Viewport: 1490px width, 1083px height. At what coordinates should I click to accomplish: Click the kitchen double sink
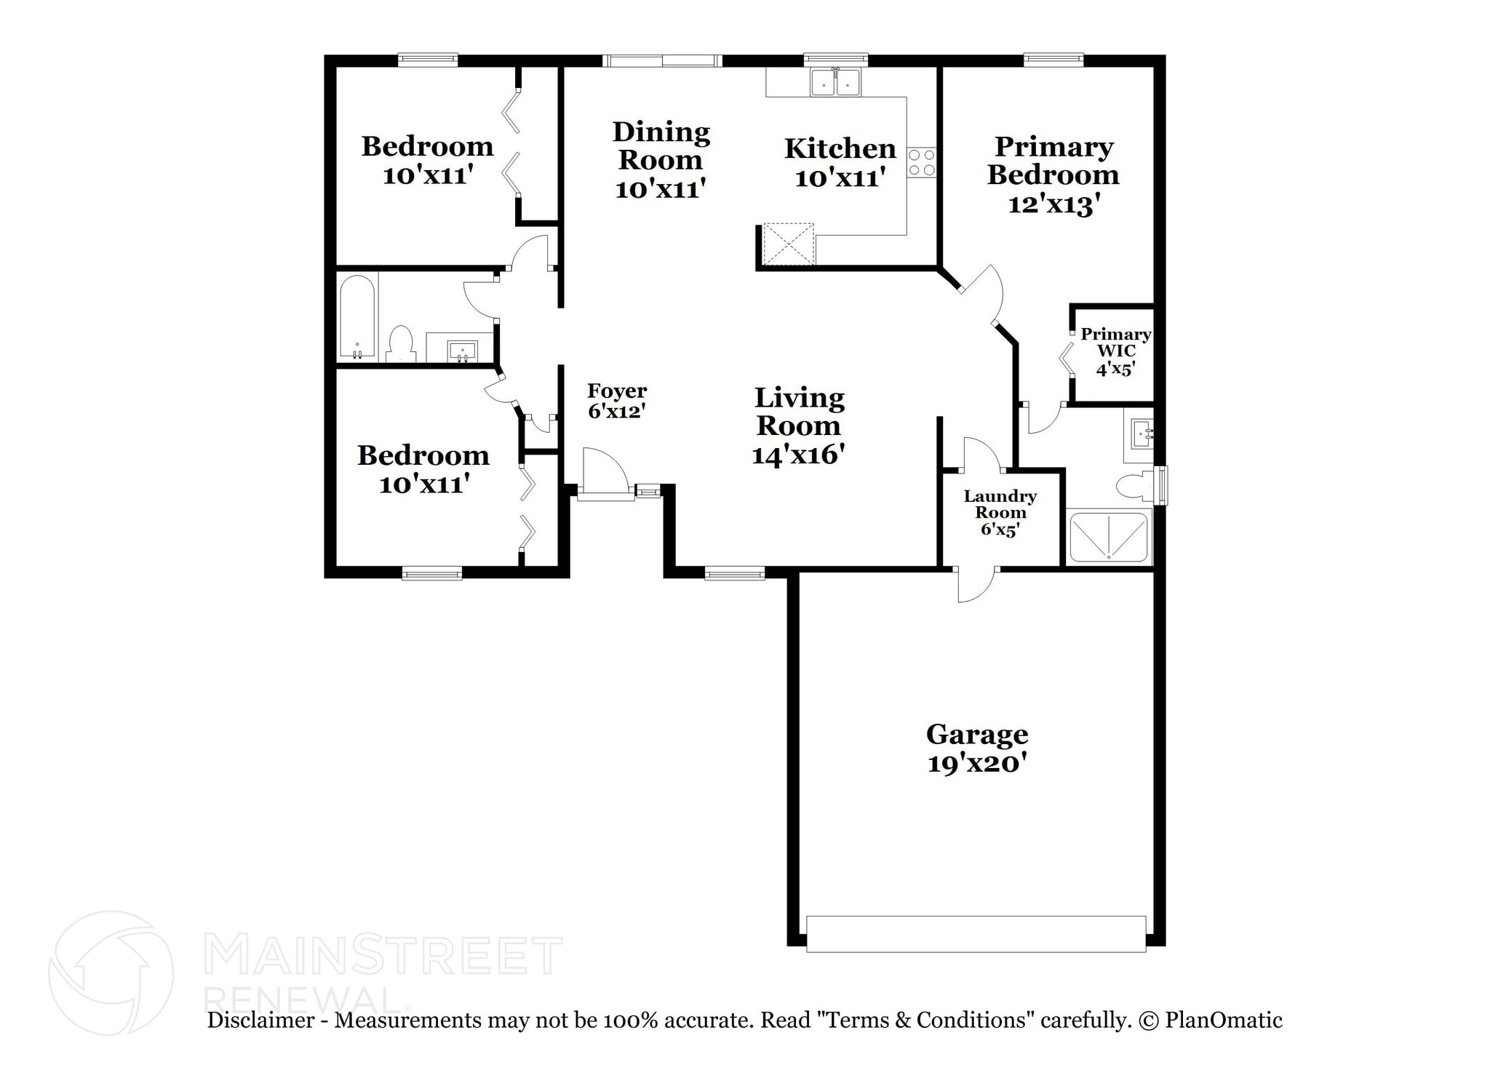(x=835, y=82)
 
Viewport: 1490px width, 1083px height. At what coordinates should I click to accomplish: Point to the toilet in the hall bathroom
(x=400, y=343)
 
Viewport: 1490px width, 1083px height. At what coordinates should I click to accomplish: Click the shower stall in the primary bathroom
(x=1109, y=537)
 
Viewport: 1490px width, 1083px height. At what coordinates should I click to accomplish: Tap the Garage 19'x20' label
(x=976, y=748)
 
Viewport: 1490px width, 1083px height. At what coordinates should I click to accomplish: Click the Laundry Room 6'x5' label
(x=1000, y=512)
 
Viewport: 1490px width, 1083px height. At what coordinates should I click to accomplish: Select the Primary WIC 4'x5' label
(x=1115, y=351)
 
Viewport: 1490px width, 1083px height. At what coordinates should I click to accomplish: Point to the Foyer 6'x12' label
(x=616, y=401)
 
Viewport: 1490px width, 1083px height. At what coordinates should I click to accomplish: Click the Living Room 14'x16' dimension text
(x=798, y=455)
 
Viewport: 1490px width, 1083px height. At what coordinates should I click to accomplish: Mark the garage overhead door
(x=976, y=933)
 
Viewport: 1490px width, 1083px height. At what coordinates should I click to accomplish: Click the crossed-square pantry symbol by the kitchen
(x=788, y=243)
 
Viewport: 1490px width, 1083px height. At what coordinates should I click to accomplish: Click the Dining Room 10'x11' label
(x=661, y=160)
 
